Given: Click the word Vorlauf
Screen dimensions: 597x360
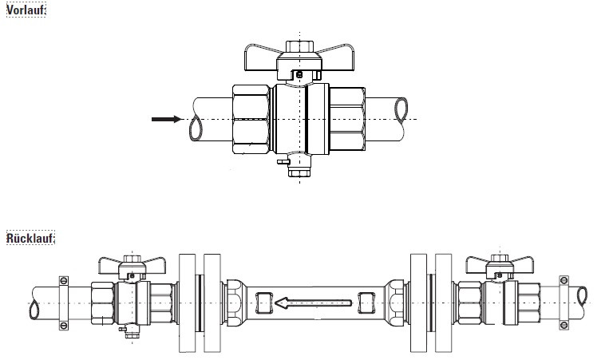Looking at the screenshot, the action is click(x=25, y=10).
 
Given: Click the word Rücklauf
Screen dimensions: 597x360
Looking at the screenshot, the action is click(x=30, y=238).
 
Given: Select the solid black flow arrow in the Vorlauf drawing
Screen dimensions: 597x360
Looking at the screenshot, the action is click(x=167, y=119).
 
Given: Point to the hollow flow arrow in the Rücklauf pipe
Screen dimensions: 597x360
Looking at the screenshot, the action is click(x=313, y=303).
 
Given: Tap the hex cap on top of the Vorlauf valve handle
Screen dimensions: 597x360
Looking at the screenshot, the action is click(x=299, y=46).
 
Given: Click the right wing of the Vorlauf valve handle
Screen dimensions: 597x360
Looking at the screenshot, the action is click(x=337, y=57).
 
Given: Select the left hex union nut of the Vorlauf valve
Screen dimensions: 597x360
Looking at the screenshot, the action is click(x=251, y=119).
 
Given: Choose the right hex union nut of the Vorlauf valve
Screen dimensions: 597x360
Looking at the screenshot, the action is click(x=347, y=119).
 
